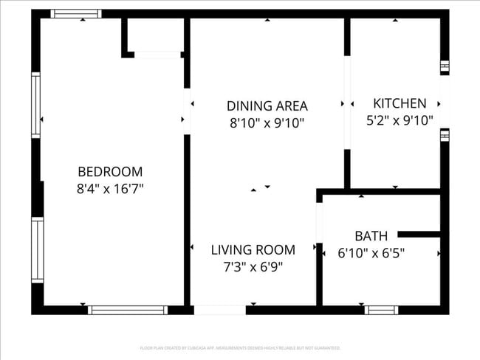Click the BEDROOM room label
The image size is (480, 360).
[110, 171]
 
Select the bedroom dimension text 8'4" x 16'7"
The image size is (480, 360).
[110, 189]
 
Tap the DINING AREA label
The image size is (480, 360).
[267, 105]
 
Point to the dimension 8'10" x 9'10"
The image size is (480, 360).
[267, 123]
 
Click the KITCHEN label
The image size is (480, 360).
[400, 103]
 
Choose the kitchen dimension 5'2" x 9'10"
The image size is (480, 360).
[400, 120]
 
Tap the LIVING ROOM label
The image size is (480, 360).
[253, 249]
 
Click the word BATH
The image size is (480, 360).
[371, 236]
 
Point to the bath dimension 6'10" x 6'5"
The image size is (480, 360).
[371, 253]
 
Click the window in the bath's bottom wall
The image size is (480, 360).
[382, 311]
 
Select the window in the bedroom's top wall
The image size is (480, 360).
[77, 13]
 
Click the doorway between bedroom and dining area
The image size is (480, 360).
[187, 111]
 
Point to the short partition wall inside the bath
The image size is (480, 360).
[419, 235]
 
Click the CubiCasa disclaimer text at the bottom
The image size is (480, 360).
[240, 347]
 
